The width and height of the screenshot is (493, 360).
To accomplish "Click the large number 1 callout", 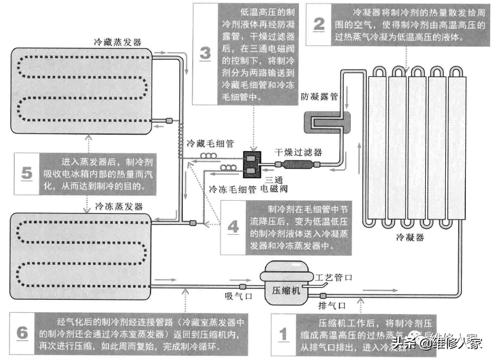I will [x=284, y=335].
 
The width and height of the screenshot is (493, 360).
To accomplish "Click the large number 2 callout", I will [x=319, y=24].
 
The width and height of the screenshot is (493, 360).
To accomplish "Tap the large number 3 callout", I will [x=205, y=54].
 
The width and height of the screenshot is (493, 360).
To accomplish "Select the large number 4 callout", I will [x=233, y=228].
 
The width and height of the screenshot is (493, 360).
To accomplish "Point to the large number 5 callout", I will [x=27, y=174].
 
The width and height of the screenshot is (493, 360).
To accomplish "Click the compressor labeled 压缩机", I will [x=285, y=284].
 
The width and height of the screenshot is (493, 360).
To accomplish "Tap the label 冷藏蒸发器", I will [x=117, y=42].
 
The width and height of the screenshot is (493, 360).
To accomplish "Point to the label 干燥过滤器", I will [x=298, y=152].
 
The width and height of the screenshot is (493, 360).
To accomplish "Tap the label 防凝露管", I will [x=319, y=96].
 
